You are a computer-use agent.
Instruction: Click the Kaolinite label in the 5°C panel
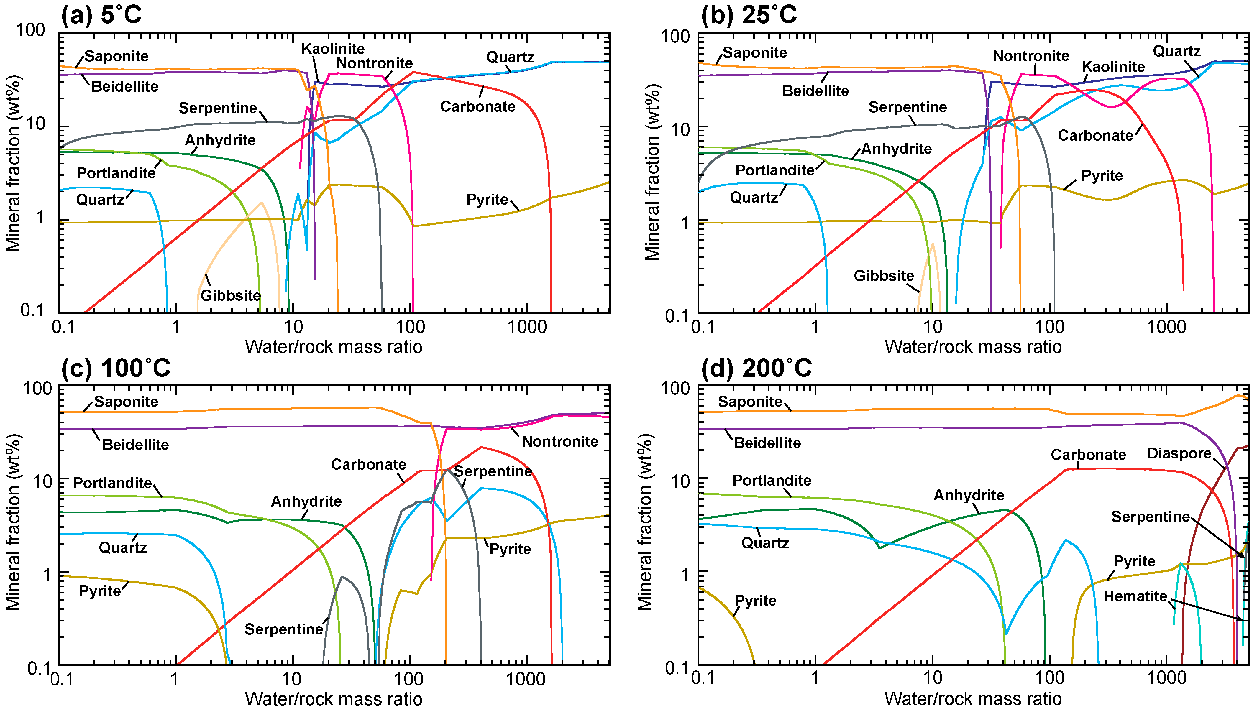coord(333,49)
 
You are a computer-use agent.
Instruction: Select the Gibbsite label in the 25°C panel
coord(883,276)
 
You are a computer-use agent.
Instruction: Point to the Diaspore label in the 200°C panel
coord(1179,453)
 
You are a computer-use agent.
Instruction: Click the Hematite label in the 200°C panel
coord(1135,597)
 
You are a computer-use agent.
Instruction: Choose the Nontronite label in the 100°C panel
coord(560,442)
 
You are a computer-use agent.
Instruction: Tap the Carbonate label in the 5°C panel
coord(477,107)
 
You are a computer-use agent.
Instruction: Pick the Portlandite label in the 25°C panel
coord(774,170)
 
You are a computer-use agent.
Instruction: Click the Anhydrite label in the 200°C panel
coord(969,495)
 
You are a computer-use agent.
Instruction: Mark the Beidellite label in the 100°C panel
coord(135,445)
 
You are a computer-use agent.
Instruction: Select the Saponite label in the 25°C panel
coord(755,53)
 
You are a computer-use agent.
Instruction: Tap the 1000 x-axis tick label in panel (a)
coord(527,327)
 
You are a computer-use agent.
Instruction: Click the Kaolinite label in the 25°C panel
coord(1113,67)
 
